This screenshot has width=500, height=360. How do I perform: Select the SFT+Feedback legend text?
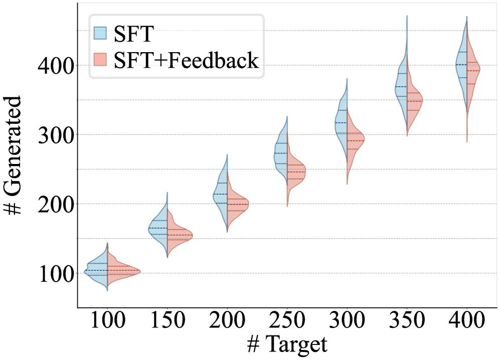[186, 61]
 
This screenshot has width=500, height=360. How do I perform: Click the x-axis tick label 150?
[167, 321]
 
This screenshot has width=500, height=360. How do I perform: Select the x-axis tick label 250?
[287, 321]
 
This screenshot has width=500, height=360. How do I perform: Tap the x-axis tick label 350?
[407, 321]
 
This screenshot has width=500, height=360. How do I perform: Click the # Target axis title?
[287, 345]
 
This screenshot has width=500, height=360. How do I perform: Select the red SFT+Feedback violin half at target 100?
[118, 272]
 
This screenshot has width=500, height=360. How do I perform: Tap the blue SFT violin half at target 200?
[221, 196]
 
